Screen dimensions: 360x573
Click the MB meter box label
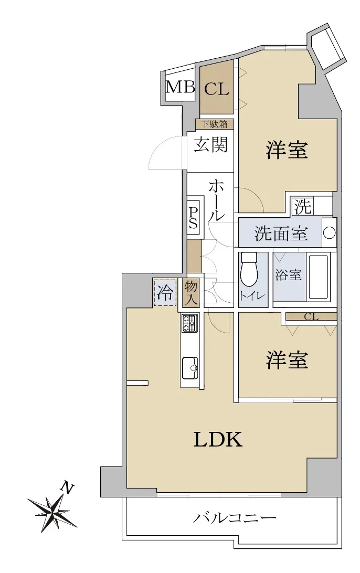coord(180,87)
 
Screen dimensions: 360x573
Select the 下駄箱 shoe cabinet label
coord(214,124)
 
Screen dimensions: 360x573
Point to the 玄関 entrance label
coord(211,144)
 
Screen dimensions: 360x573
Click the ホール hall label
coord(216,200)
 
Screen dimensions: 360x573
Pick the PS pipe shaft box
coord(193,218)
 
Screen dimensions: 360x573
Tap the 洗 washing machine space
coord(303,206)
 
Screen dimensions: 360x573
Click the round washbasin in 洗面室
coord(329,232)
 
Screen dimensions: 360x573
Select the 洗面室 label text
coord(281,233)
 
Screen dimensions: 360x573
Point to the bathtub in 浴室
coord(319,276)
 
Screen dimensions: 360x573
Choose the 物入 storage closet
coord(191,293)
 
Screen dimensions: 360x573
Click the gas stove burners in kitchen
coord(189,323)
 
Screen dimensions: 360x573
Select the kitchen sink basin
coord(189,368)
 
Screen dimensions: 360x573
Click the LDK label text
coord(218,439)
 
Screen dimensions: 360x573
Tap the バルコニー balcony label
coord(234,518)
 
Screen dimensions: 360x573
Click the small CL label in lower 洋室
coord(311,317)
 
